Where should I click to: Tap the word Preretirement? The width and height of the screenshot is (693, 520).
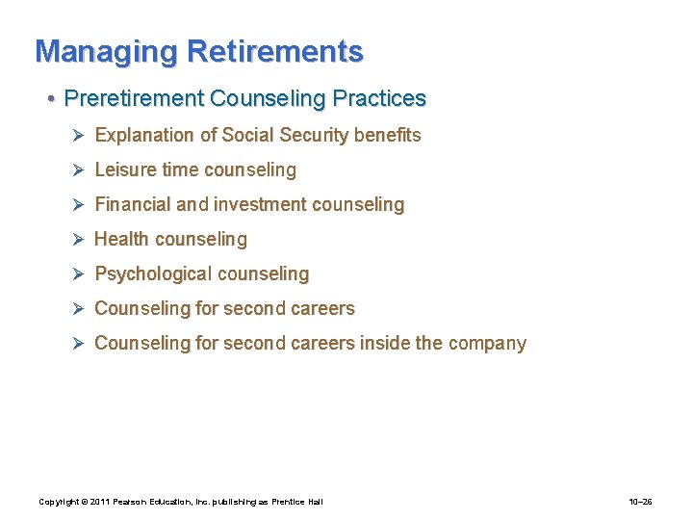133,98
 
